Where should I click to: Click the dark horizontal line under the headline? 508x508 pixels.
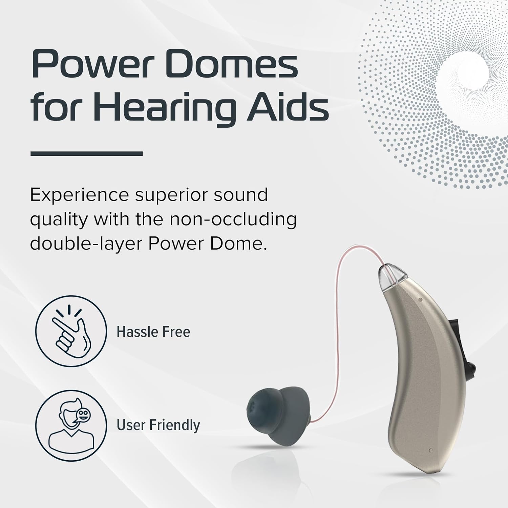pos(86,153)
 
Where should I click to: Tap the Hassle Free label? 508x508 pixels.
pos(153,332)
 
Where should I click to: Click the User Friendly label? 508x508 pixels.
pos(158,425)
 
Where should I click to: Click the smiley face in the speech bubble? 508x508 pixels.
pos(82,414)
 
